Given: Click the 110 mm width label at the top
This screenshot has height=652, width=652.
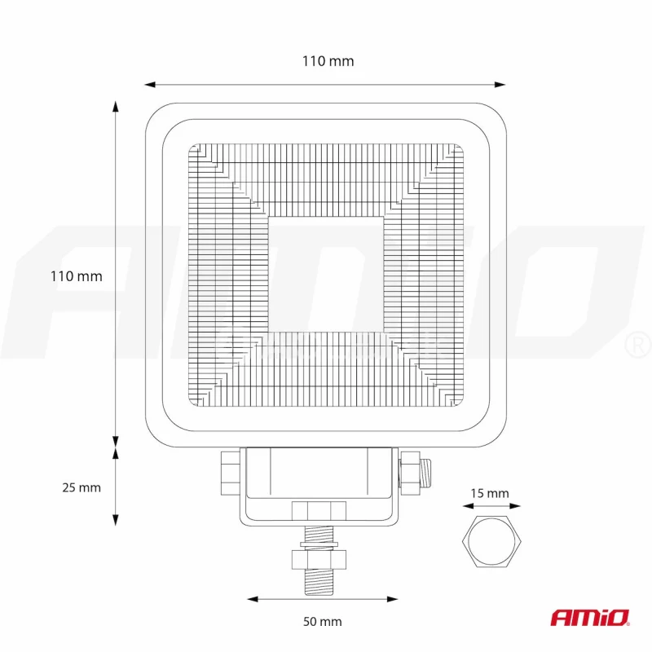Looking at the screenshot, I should click(328, 61).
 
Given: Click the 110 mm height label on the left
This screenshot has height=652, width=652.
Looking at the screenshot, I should click(77, 276).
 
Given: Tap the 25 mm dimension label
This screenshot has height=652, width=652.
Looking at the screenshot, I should click(81, 487).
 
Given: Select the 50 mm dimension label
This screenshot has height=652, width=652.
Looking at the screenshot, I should click(323, 622).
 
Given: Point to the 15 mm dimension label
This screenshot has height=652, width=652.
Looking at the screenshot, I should click(490, 493).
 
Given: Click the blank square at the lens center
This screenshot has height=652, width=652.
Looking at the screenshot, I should click(325, 274).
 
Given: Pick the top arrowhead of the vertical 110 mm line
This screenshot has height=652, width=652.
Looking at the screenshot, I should click(116, 107).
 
